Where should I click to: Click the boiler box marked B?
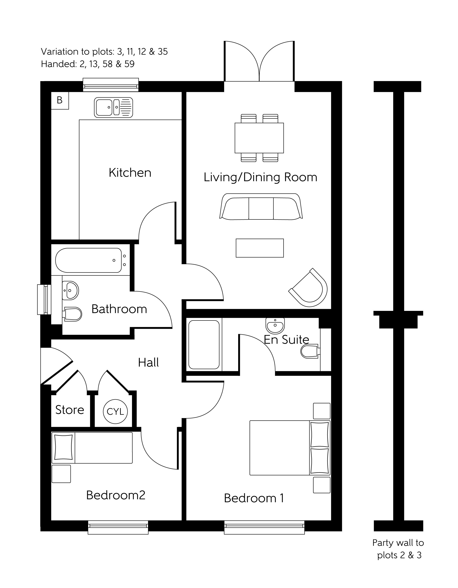[x=60, y=100]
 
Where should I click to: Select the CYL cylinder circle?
[x=115, y=411]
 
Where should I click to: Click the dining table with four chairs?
[x=259, y=138]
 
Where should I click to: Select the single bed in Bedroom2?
[x=92, y=448]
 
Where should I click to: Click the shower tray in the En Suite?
[x=204, y=344]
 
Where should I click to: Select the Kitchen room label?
[x=130, y=173]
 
